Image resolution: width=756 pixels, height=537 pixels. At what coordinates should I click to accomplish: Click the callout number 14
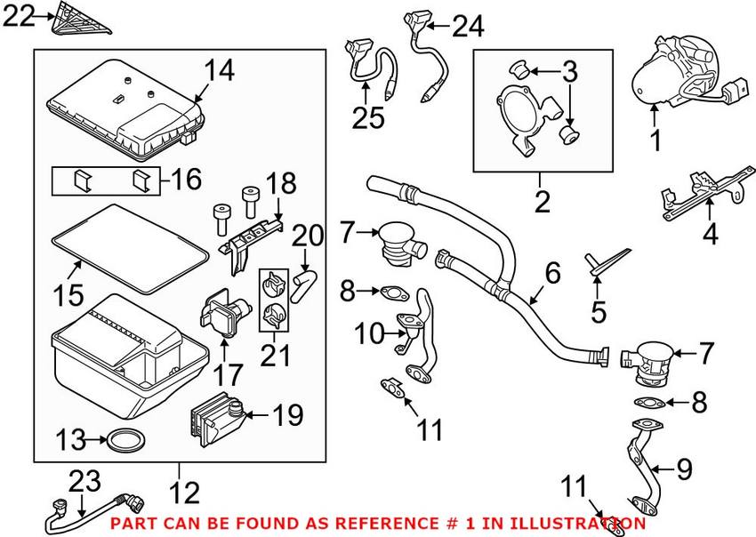point(220,71)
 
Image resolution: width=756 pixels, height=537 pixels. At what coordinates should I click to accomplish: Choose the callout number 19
point(286,414)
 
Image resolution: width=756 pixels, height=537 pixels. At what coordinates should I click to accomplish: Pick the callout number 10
point(366,334)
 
